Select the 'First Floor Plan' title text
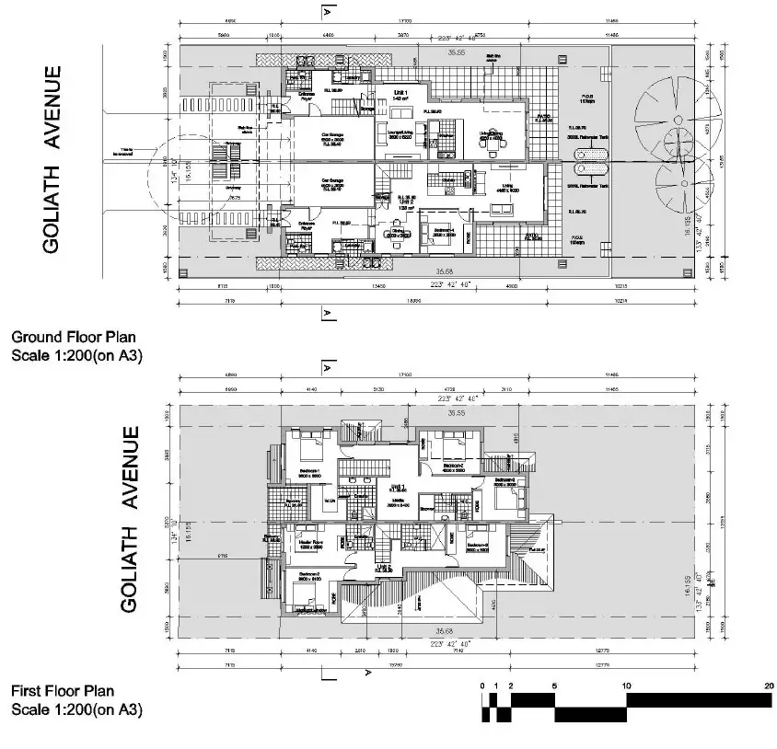[x=64, y=690]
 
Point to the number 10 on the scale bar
[x=627, y=686]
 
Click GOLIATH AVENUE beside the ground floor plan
[x=53, y=158]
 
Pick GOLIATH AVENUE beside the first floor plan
[x=130, y=520]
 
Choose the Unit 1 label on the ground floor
[x=400, y=95]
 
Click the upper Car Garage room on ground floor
[x=332, y=141]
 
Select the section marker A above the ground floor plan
[x=327, y=11]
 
